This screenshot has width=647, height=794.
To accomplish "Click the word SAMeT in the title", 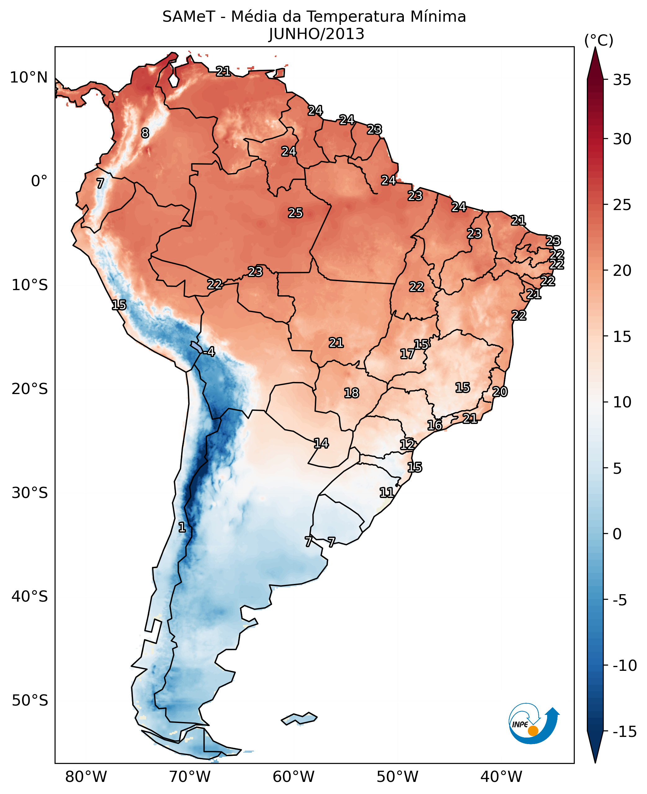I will pos(189,17).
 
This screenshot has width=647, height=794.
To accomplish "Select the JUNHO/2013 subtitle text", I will pos(316,34).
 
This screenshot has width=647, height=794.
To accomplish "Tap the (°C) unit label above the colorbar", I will pos(599,40).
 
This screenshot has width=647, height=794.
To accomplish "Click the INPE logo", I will pos(533,724).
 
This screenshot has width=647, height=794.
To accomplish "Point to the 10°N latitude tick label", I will pos(29,78).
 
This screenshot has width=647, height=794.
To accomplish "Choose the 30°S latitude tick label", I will pos(30,493).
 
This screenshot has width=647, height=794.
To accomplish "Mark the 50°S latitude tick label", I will pos(30,700).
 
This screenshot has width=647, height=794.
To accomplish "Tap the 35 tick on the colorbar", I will pos(622,80).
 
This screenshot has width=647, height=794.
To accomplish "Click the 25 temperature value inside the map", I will pos(295,213).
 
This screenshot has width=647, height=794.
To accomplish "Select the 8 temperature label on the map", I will pos(145,133).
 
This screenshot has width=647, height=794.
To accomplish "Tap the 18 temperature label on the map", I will pos(351,393).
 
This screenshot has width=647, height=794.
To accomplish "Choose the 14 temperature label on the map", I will pos(321,443).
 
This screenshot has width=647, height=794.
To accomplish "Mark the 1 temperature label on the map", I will pos(181,527).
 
